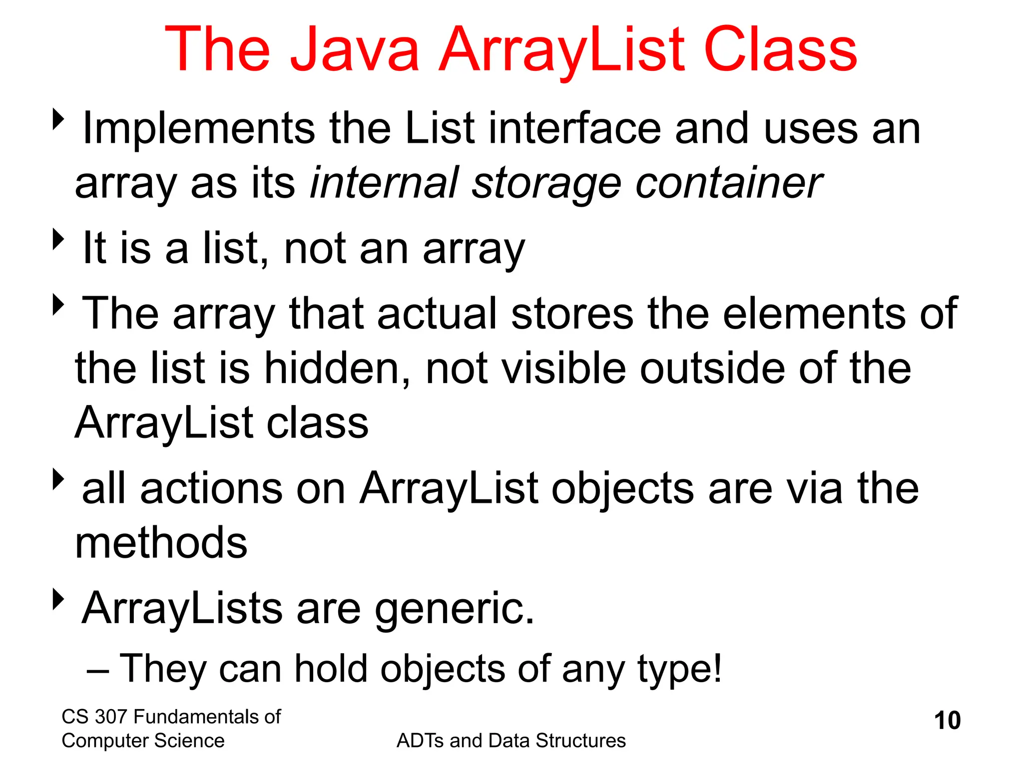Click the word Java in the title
(x=354, y=50)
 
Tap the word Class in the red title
(x=780, y=50)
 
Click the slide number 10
(x=947, y=721)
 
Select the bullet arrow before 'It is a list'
(x=59, y=239)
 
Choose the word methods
(x=161, y=543)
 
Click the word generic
(x=454, y=609)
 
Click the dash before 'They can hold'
(x=97, y=671)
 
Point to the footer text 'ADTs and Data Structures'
(x=511, y=741)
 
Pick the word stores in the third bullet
(x=572, y=314)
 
